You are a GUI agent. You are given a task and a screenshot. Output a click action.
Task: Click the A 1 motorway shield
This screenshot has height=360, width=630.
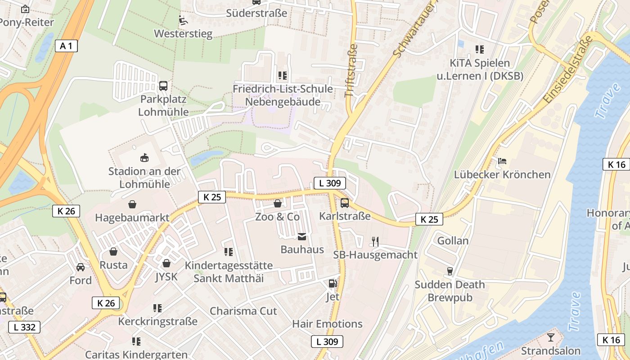[66, 45]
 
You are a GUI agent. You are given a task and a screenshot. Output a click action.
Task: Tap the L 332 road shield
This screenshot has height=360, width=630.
[24, 327]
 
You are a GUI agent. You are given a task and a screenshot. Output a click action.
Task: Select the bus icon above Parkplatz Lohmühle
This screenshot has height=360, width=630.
[163, 85]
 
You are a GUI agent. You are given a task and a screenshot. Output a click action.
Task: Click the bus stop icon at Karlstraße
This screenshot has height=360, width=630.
[345, 203]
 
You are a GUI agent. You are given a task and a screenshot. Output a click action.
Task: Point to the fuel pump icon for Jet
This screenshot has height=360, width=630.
[333, 283]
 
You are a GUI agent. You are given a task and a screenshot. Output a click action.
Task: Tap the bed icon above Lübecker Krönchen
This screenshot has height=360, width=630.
[502, 161]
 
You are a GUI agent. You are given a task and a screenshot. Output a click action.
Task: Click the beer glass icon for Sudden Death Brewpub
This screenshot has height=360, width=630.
[449, 271]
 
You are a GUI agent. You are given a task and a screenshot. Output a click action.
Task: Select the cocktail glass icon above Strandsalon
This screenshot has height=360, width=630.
[550, 337]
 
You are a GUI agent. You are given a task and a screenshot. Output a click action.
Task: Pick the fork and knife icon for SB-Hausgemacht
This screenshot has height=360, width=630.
[375, 242]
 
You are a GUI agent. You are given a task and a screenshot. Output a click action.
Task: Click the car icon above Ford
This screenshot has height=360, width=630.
[81, 267]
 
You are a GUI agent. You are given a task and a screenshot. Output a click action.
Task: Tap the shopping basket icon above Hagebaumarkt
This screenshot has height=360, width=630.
[132, 204]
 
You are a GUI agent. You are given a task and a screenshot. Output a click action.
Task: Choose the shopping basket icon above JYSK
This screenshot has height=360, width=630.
[166, 263]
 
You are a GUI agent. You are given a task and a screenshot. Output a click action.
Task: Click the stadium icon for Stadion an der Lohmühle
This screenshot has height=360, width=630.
[144, 157]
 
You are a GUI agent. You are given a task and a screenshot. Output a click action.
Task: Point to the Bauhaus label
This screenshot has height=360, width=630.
[302, 249]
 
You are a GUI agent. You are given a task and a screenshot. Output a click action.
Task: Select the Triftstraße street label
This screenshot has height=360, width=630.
[351, 71]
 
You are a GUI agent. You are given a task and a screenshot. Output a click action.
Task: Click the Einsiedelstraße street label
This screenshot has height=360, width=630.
[568, 70]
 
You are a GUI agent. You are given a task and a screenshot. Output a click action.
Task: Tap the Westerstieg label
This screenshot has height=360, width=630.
[183, 34]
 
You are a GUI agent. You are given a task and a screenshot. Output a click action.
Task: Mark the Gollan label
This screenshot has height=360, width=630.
[453, 241]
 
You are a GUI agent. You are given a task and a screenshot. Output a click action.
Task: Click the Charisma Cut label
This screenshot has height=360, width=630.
[243, 311]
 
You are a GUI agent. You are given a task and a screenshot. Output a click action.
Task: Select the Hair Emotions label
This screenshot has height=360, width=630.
[327, 324]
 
